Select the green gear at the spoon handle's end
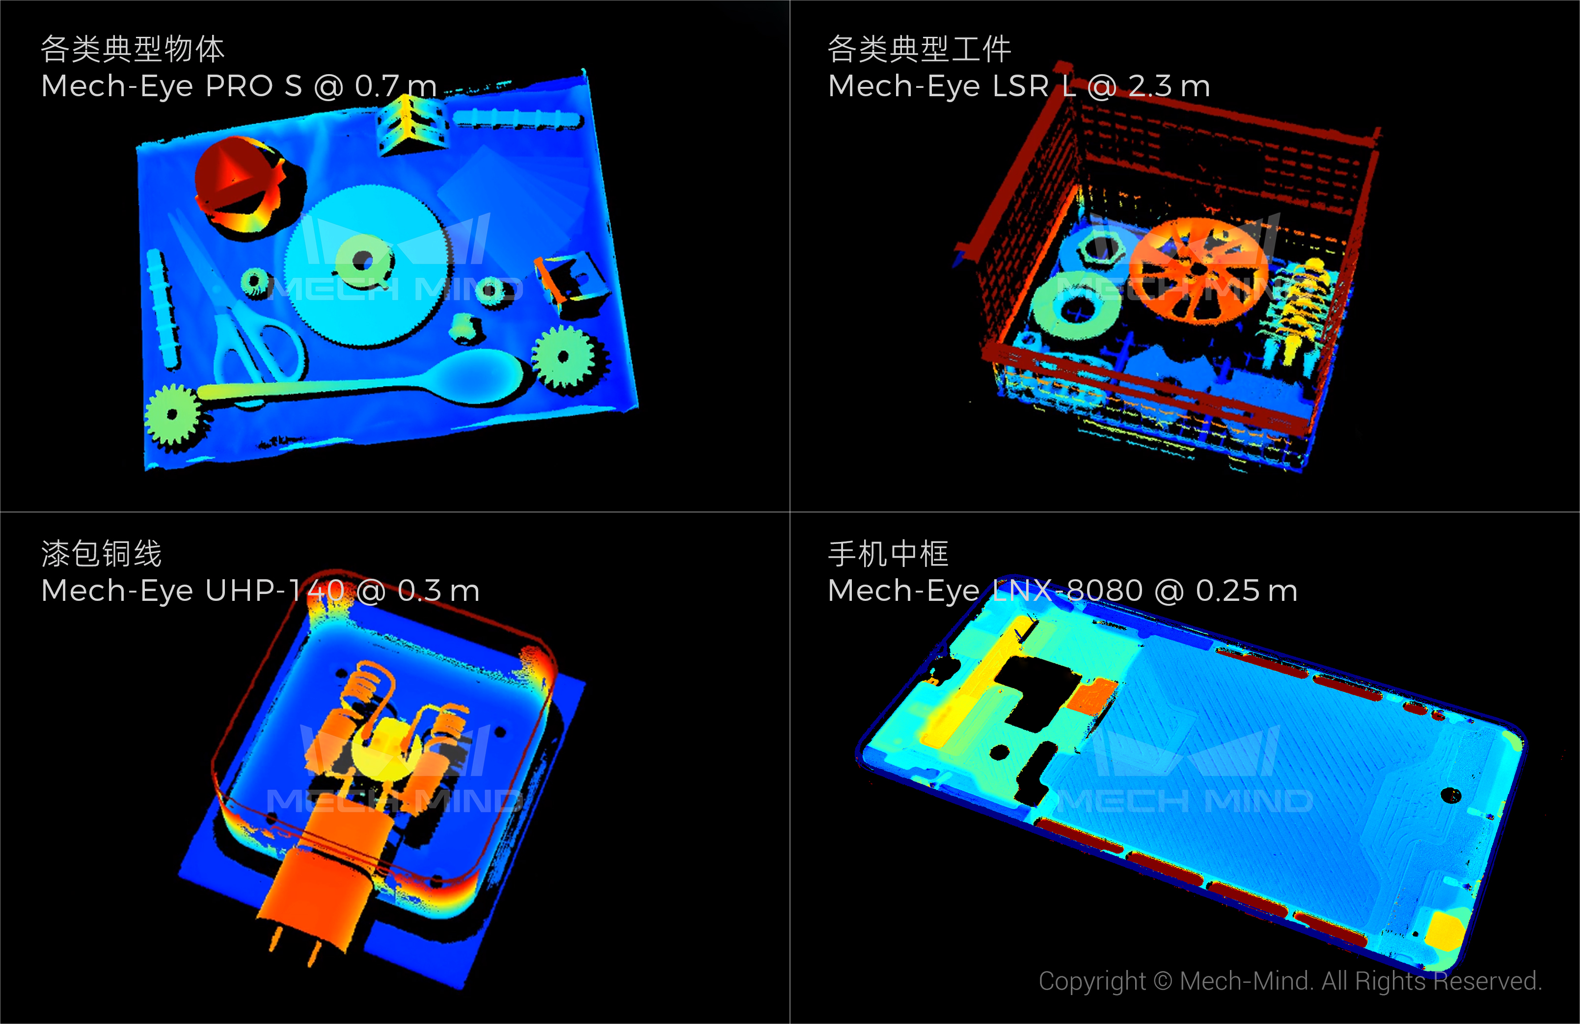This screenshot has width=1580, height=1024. pyautogui.click(x=173, y=416)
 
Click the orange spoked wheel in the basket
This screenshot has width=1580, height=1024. pyautogui.click(x=1199, y=269)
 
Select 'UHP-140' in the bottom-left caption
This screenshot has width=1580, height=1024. pyautogui.click(x=275, y=590)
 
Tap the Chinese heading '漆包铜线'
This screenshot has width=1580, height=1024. pyautogui.click(x=102, y=553)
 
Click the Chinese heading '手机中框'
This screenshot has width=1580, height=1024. pyautogui.click(x=888, y=553)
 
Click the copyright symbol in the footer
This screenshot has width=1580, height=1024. pyautogui.click(x=1163, y=981)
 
